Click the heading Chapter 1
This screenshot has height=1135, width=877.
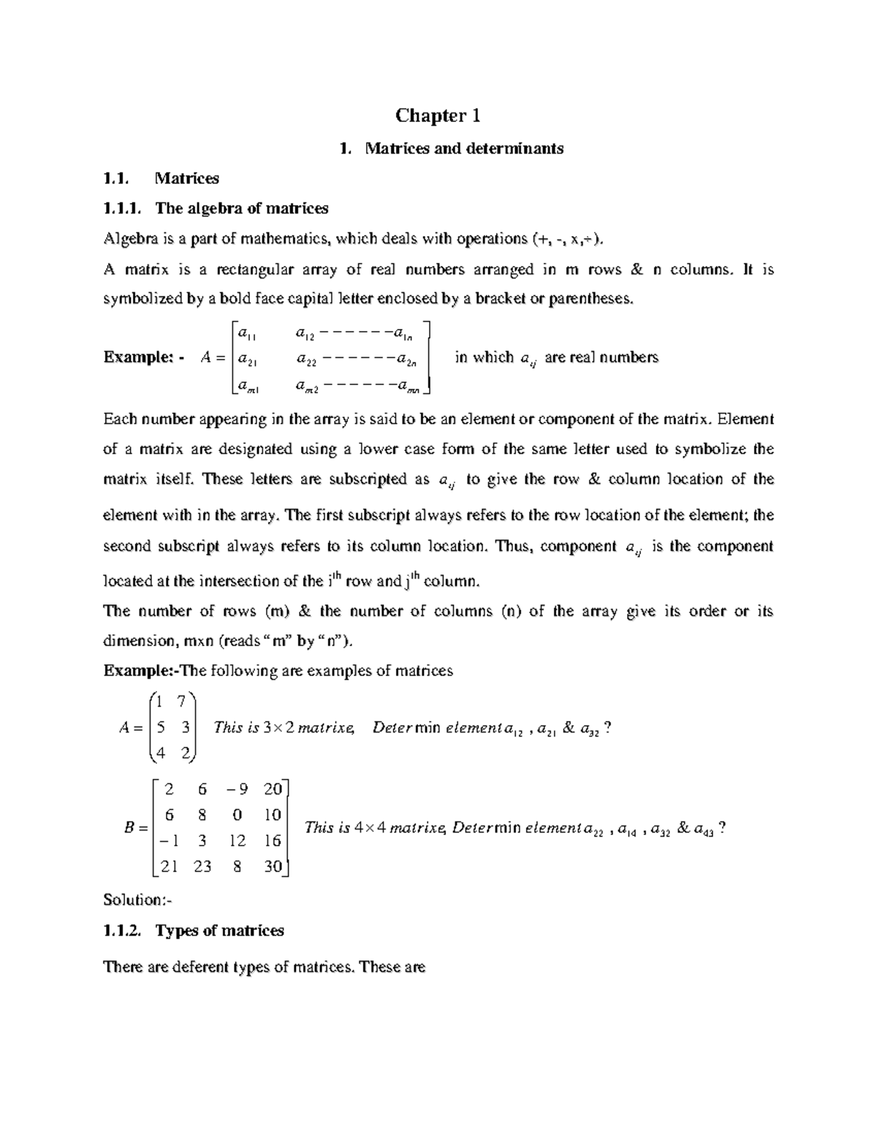(x=437, y=115)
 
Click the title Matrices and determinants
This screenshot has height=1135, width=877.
(x=463, y=148)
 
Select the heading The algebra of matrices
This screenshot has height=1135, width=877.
(x=241, y=208)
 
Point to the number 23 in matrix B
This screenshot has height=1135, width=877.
(x=202, y=866)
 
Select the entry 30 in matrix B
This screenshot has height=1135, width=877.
(x=272, y=866)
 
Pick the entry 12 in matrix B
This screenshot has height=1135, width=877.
(x=237, y=840)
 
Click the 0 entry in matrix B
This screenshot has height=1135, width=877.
(x=237, y=815)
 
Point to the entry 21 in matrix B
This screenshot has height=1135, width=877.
(x=169, y=866)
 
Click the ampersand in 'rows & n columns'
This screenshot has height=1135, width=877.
(x=636, y=269)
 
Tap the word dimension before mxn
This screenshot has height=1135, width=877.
(x=140, y=641)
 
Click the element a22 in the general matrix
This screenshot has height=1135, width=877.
(x=305, y=359)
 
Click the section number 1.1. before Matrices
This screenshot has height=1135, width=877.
(x=115, y=178)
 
